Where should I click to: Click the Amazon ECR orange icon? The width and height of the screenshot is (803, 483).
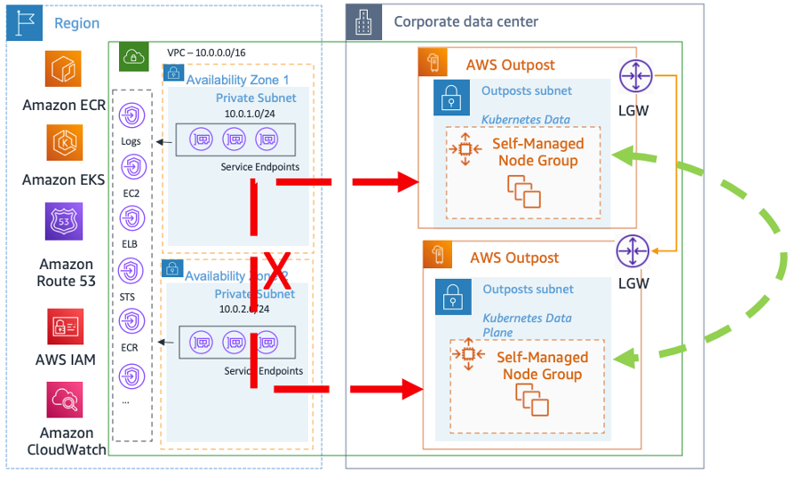pyautogui.click(x=63, y=68)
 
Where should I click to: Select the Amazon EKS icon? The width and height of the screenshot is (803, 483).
pyautogui.click(x=63, y=143)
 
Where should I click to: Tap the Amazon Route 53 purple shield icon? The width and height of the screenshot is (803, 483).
pyautogui.click(x=63, y=222)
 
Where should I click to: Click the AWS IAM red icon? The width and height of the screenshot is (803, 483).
pyautogui.click(x=65, y=327)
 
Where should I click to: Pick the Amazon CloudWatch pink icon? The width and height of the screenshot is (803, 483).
pyautogui.click(x=65, y=400)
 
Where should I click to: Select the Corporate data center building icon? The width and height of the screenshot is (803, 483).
pyautogui.click(x=363, y=22)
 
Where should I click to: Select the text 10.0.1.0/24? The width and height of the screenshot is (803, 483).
pyautogui.click(x=255, y=115)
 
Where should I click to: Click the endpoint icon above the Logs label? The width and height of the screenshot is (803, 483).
pyautogui.click(x=132, y=115)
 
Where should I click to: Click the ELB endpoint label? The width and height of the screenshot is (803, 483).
pyautogui.click(x=131, y=242)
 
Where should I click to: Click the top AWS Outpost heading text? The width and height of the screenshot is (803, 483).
pyautogui.click(x=510, y=65)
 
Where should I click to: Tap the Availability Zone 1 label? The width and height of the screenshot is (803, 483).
pyautogui.click(x=237, y=80)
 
